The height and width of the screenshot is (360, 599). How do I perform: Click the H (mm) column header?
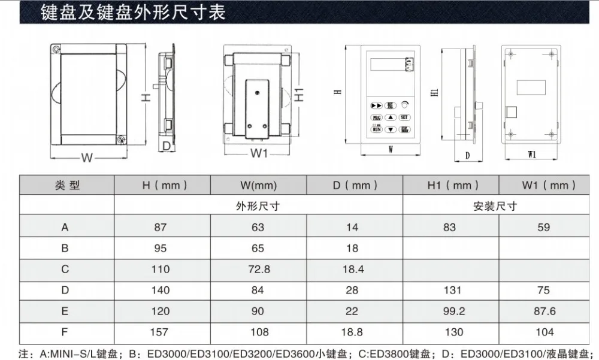[161, 186]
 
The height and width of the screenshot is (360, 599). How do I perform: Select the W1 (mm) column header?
[545, 186]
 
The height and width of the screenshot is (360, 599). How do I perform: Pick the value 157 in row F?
[161, 332]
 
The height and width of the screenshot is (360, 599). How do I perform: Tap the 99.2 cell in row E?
[450, 311]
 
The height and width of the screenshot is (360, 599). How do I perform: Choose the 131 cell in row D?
[450, 290]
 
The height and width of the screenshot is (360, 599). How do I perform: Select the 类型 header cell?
[66, 186]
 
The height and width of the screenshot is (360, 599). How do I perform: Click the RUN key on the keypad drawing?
[377, 129]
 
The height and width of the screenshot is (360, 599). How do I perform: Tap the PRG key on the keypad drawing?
[377, 117]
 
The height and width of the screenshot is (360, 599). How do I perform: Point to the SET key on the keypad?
[404, 117]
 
